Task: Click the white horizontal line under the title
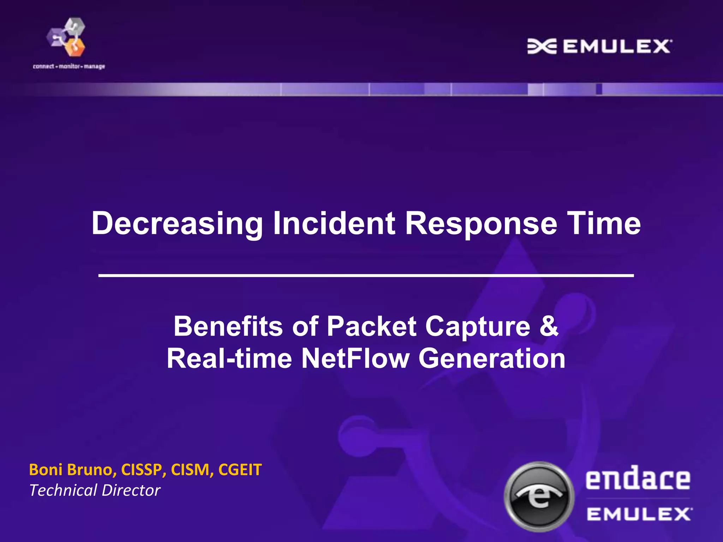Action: click(366, 275)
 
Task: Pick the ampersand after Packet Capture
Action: click(549, 326)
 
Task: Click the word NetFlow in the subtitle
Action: click(355, 359)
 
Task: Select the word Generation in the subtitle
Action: click(492, 359)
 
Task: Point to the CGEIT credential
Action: click(240, 470)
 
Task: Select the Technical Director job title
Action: click(95, 490)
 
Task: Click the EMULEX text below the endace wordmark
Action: click(639, 514)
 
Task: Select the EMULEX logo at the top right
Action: click(599, 47)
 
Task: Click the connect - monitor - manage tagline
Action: click(69, 66)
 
